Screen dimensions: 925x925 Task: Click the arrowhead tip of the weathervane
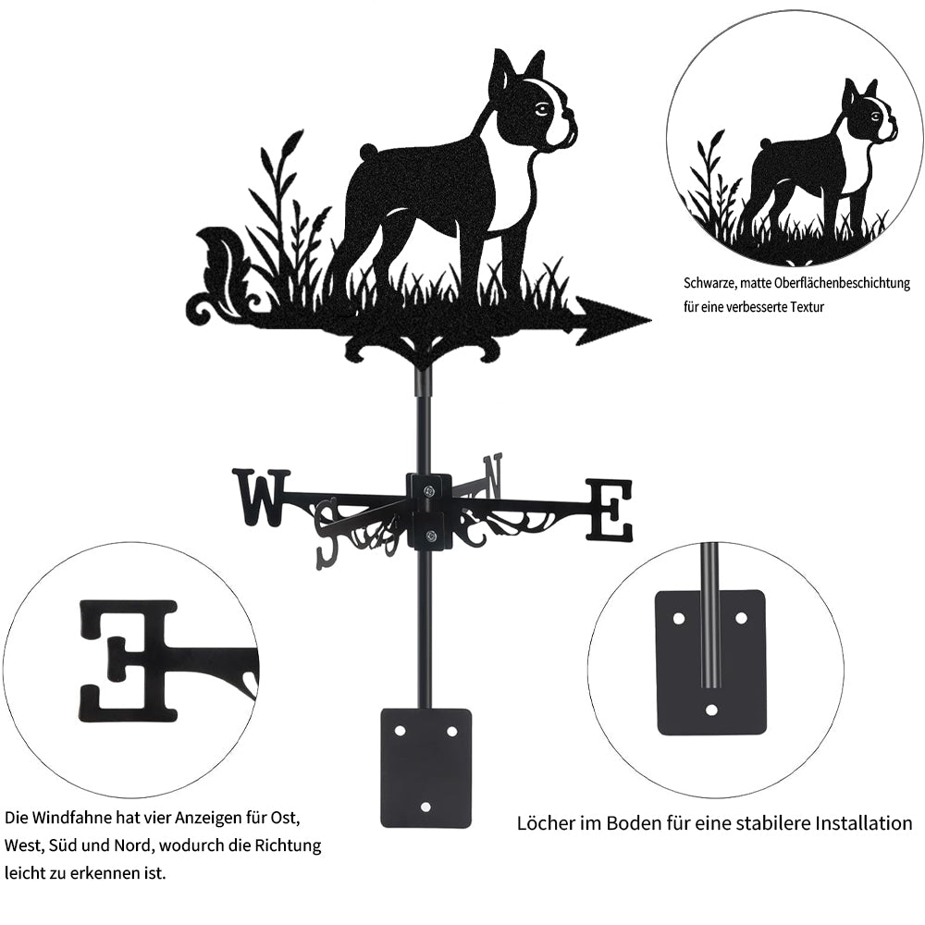point(650,320)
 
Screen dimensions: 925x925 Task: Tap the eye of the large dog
point(541,109)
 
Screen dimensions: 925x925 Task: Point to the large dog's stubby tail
point(367,150)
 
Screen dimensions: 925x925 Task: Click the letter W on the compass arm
point(262,496)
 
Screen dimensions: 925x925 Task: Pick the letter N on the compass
point(494,475)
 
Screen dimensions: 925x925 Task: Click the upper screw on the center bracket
point(430,488)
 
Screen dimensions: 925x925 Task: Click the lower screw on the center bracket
point(431,536)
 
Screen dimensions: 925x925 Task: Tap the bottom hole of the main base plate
point(425,806)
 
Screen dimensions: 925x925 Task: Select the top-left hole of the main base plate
point(401,731)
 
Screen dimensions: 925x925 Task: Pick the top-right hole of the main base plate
point(452,732)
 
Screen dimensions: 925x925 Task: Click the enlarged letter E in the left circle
point(129,660)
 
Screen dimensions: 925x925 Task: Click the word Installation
point(864,823)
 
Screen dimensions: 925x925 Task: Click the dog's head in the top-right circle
point(871,112)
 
